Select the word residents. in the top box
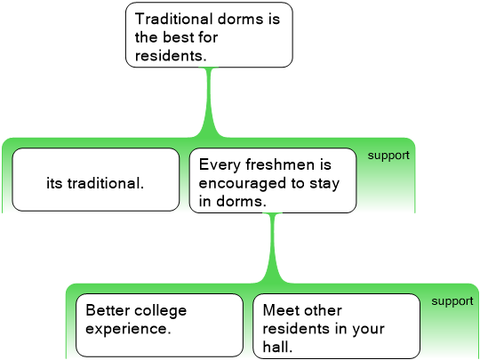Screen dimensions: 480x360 [171, 56]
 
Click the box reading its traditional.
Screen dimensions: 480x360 [95, 180]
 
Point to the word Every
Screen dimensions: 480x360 [220, 165]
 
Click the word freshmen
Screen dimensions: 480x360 [280, 164]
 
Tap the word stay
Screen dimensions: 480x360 [324, 184]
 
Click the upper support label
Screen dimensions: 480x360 [388, 156]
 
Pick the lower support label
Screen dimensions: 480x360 [452, 301]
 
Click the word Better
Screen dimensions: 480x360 [108, 310]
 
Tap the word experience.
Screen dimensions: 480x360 [128, 330]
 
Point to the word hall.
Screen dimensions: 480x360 [277, 348]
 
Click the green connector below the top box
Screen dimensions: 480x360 [210, 102]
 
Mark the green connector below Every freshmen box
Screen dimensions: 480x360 [274, 249]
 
